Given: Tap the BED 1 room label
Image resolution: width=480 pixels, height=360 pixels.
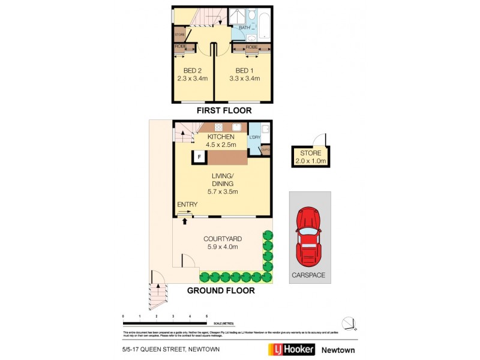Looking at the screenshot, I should coord(244,74).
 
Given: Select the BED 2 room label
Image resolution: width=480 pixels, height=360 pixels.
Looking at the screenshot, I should coord(192,74).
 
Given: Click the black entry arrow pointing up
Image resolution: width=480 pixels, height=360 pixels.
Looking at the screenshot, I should coord(185,221).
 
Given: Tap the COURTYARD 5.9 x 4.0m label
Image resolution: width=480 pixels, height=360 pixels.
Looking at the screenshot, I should coord(218,242).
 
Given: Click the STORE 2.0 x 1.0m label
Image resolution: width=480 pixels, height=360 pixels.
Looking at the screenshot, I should coord(310,157).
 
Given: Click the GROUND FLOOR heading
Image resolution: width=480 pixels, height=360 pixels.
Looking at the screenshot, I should coord(221,290).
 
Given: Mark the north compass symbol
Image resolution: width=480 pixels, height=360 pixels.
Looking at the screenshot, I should coord(349,322).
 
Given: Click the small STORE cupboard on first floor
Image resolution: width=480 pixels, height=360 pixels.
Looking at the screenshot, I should coord(179,35).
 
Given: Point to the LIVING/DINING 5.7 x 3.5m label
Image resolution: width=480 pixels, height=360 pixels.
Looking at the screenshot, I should coord(222,184).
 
